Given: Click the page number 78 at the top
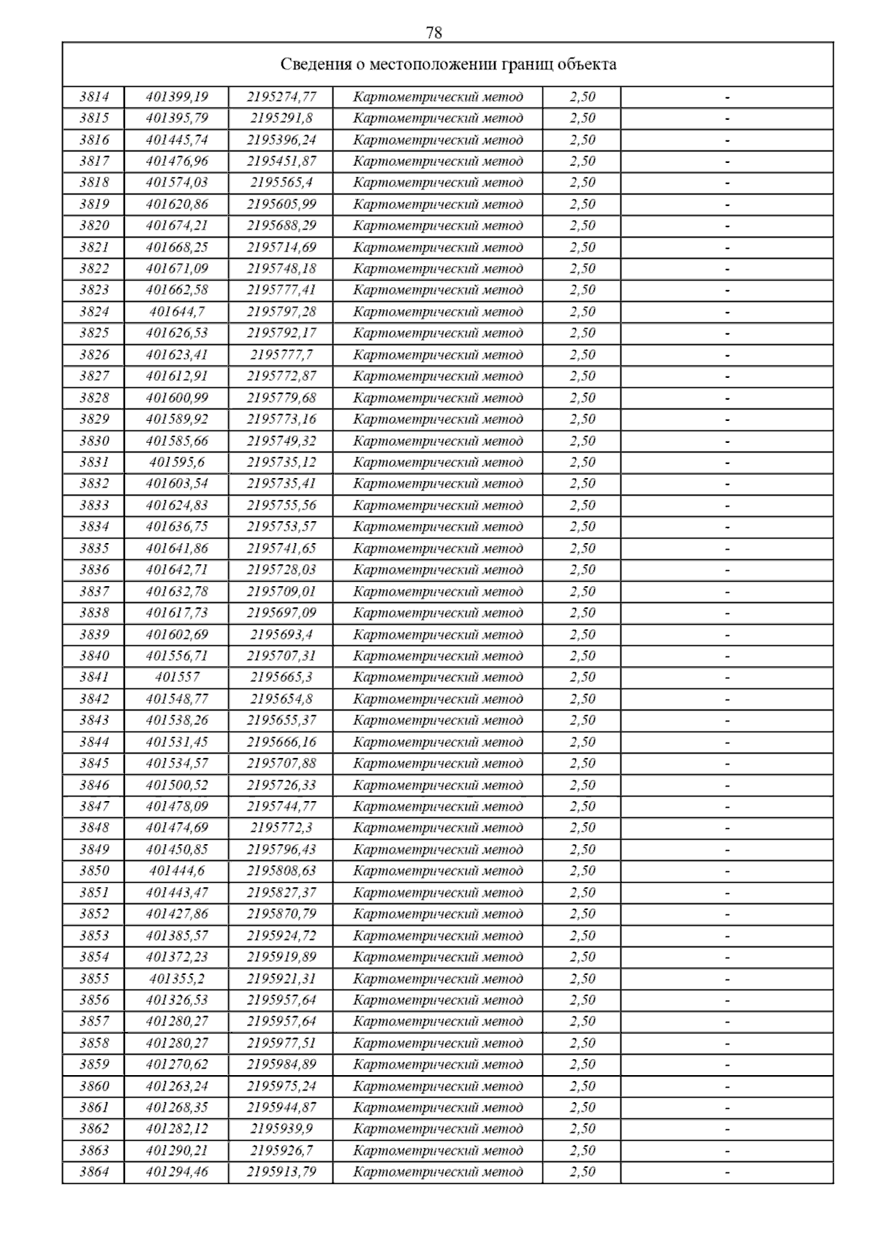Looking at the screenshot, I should point(433,33).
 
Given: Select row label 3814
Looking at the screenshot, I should point(94,96).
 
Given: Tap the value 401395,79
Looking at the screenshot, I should point(177,118).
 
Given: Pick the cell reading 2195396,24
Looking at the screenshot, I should point(281,140).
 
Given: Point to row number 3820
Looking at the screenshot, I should point(94,225).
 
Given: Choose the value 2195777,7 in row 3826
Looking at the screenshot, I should point(281,354).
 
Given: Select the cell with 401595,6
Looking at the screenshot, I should point(177,462).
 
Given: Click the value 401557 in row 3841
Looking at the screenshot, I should point(177,677).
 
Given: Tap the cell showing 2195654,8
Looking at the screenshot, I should point(281,699).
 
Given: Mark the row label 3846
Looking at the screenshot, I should point(94,785).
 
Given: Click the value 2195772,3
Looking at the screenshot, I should point(281,827).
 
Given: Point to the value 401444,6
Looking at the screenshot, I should point(177,870).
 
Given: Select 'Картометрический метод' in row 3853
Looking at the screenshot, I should point(438,936).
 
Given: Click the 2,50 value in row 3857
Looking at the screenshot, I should point(582,1021).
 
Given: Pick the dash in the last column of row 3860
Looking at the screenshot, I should point(727,1086).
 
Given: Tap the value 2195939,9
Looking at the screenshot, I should point(281,1128).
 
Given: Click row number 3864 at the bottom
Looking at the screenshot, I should point(94,1172).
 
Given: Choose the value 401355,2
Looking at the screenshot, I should point(177,979).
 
